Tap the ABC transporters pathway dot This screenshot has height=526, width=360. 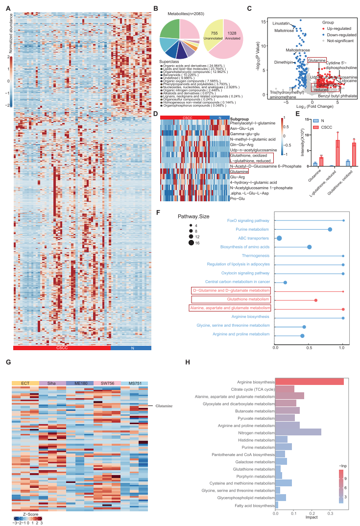coord(280,238)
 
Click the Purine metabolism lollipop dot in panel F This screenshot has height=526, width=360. coord(330,229)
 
